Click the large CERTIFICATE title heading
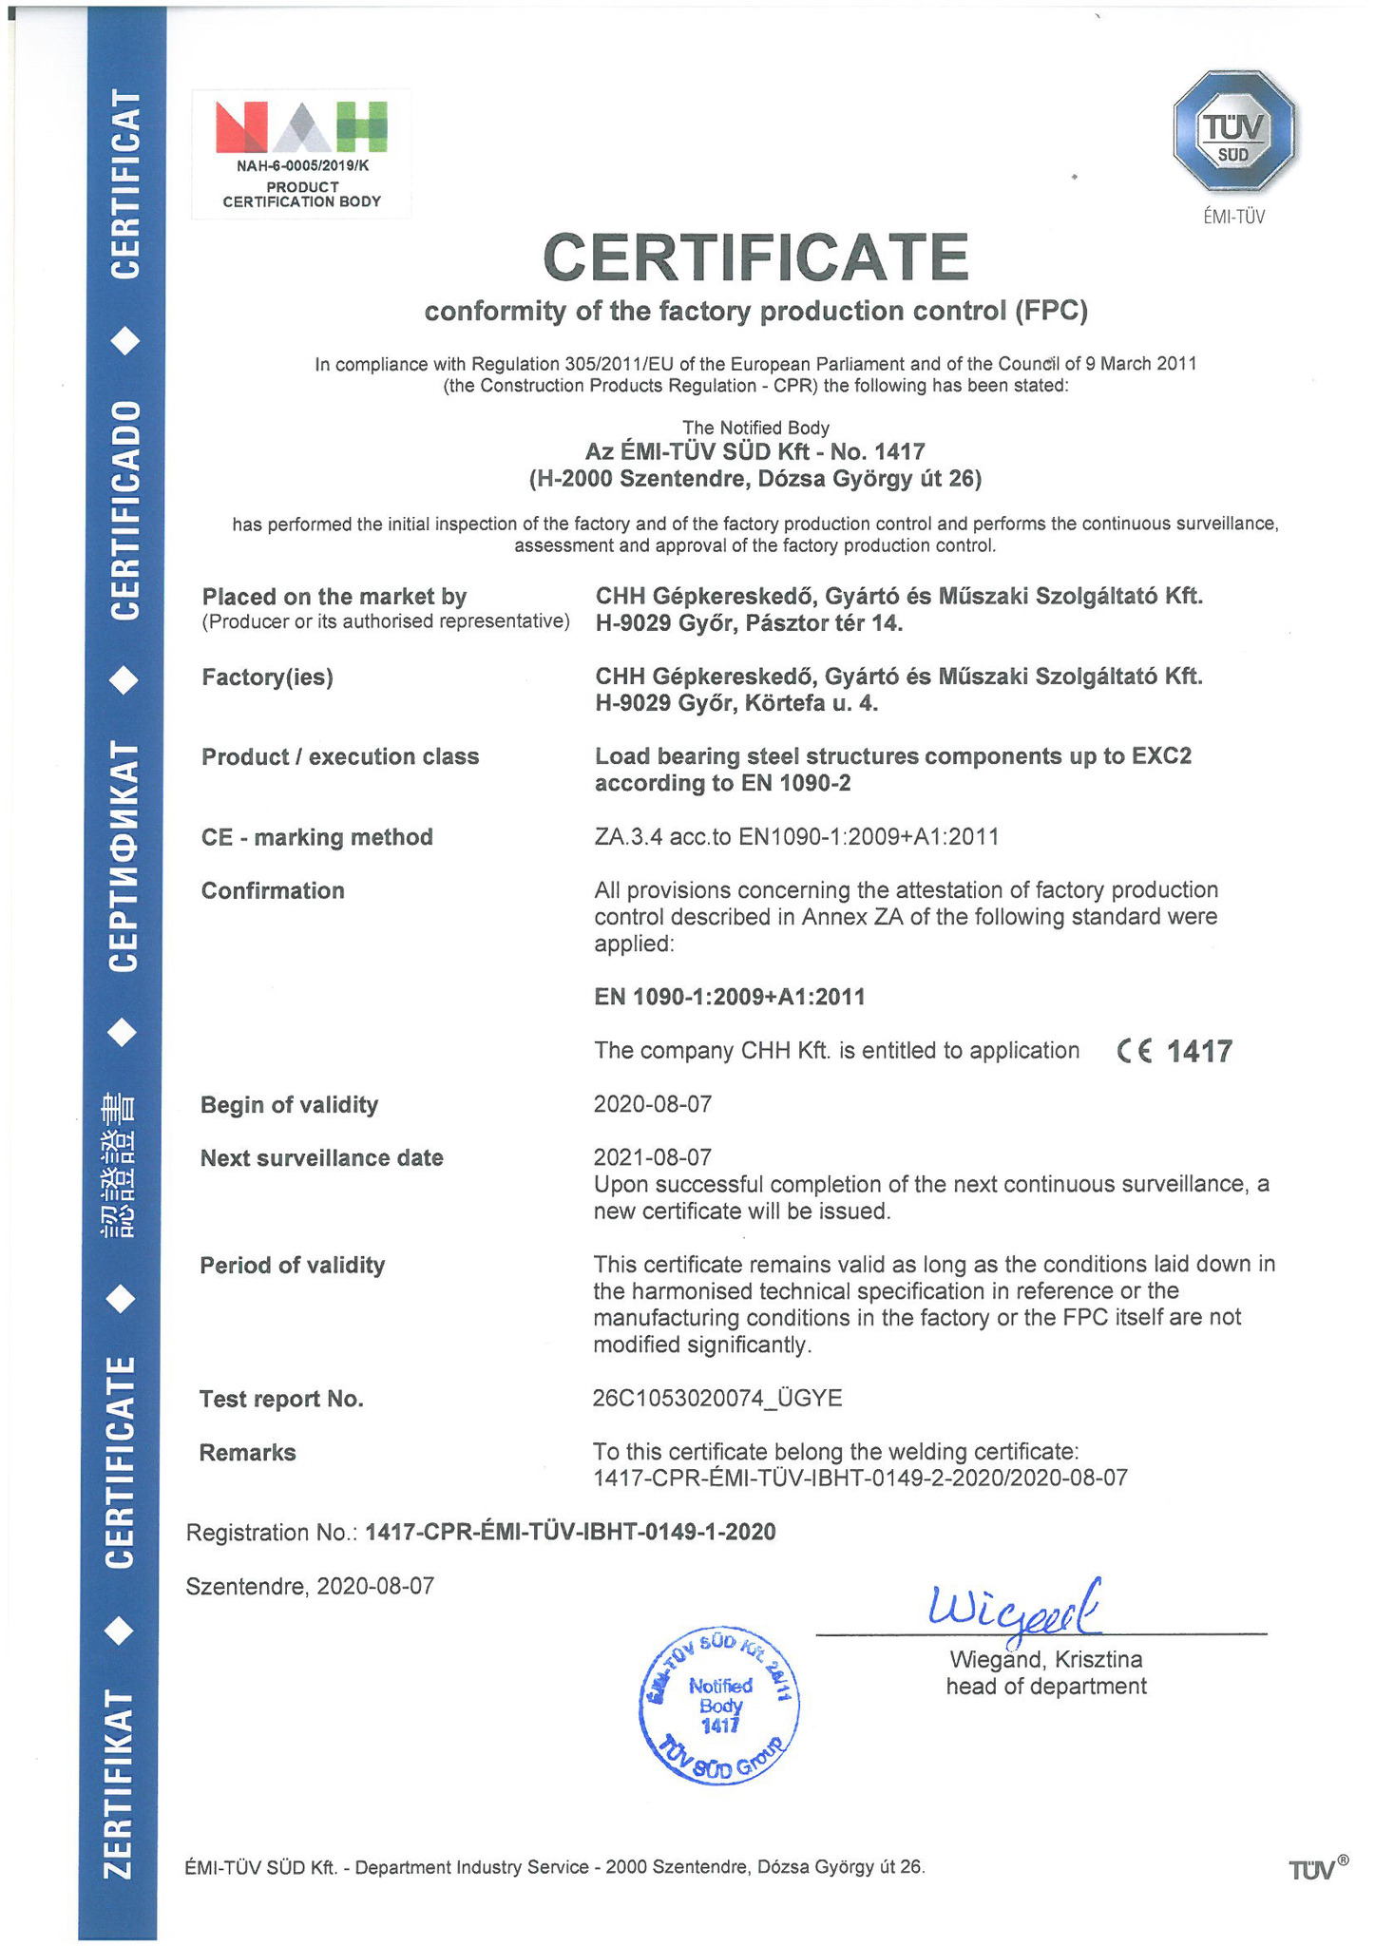[755, 258]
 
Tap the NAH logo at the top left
[301, 127]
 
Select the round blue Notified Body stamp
[719, 1705]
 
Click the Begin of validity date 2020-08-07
[652, 1104]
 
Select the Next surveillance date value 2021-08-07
[652, 1157]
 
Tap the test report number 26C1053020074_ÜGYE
[717, 1398]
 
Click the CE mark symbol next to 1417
[1135, 1051]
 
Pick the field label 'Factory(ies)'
[267, 677]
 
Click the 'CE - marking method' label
[316, 837]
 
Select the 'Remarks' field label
[247, 1452]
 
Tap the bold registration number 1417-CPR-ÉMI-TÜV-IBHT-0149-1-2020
[570, 1532]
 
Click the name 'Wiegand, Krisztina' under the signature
[1045, 1660]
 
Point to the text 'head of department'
[1045, 1687]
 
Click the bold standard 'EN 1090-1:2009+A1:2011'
[729, 997]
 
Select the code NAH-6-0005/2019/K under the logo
[301, 166]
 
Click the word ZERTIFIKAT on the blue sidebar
[120, 1784]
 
